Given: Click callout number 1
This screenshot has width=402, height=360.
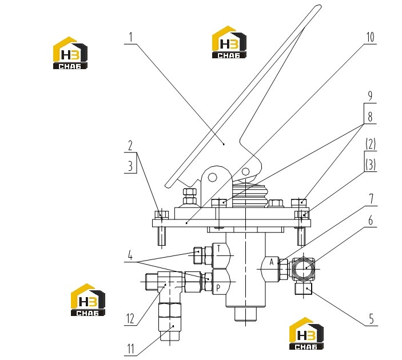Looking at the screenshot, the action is (131, 37).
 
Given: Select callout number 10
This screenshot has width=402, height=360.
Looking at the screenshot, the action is (370, 37).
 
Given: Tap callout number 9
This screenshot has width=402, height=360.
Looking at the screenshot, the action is (370, 95).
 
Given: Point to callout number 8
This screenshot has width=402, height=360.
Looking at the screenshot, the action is (370, 117).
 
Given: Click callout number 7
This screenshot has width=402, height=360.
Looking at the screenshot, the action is (371, 199).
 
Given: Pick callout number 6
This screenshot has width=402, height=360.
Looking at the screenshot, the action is (371, 220).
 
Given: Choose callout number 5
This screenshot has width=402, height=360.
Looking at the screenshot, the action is (372, 319).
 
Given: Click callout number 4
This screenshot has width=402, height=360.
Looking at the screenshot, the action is (130, 255).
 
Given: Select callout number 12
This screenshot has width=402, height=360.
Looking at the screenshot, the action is (130, 319).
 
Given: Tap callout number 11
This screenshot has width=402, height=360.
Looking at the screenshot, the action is (130, 349).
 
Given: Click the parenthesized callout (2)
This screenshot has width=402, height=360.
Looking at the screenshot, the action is (371, 144).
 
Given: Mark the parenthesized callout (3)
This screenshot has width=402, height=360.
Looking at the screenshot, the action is (371, 165).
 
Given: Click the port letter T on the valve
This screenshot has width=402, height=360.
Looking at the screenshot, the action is (218, 248).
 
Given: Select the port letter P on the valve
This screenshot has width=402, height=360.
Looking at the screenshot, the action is (218, 288).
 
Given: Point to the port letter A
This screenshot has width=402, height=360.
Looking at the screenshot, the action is (272, 262).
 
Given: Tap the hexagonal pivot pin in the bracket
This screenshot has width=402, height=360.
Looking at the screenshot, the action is (212, 177).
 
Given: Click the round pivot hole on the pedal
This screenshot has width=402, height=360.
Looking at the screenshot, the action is (245, 171).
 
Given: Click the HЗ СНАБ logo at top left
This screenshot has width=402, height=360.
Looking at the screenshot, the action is (70, 53).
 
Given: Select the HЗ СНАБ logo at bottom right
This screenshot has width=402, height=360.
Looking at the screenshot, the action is (306, 333).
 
